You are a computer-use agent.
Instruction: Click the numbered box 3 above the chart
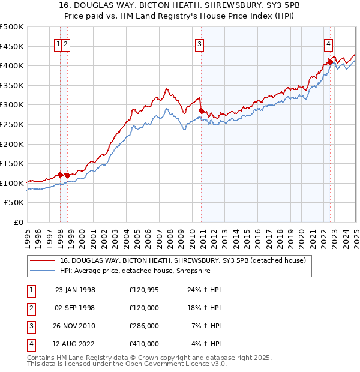199,43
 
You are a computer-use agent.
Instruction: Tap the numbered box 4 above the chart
329,43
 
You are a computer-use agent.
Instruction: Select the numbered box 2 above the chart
65,43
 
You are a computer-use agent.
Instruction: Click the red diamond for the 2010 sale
202,110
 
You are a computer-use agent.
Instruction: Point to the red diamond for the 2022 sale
330,62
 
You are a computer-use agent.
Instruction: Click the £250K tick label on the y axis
13,124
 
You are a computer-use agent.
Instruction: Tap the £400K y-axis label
13,65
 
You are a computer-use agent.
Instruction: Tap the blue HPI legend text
145,271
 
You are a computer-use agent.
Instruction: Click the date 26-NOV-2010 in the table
75,326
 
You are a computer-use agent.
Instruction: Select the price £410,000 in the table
144,344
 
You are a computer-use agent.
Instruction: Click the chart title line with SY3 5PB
180,6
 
